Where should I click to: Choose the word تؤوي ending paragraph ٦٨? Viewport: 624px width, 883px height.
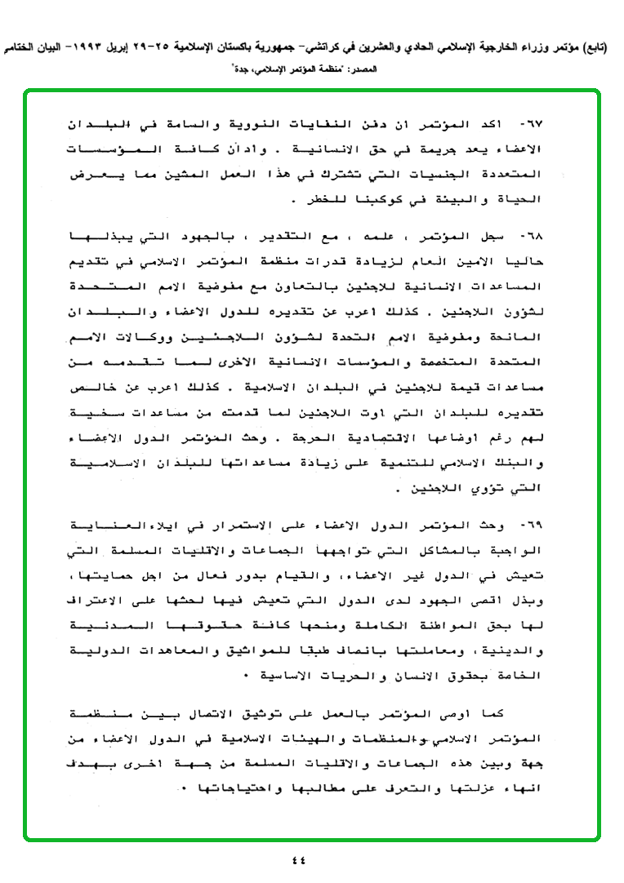point(484,492)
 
